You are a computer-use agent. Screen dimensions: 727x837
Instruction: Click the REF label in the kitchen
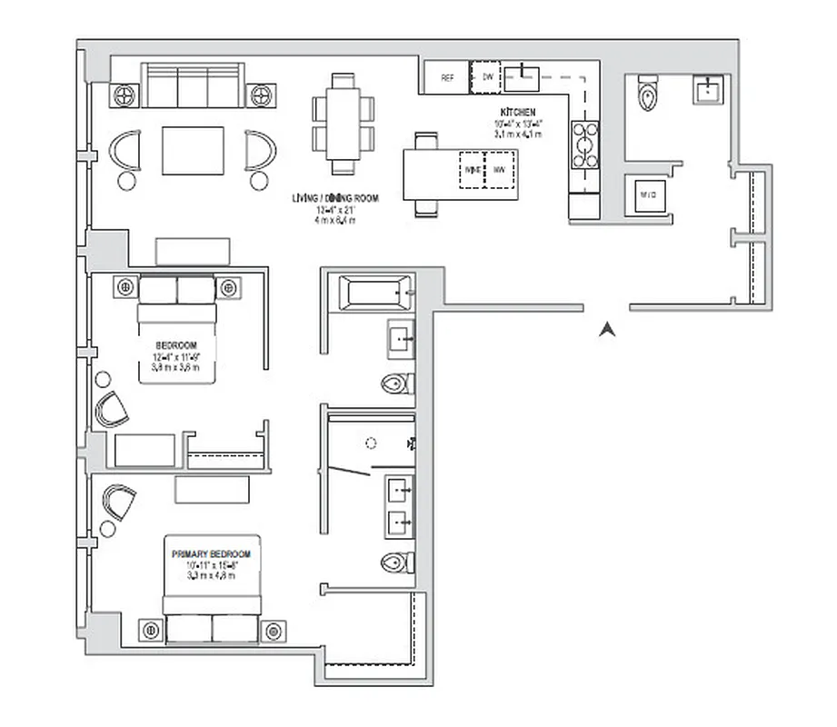coord(447,78)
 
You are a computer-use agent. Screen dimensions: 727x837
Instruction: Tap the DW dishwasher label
coord(487,77)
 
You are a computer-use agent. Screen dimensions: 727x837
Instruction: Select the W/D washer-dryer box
coord(649,194)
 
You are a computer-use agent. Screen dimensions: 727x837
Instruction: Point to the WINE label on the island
coord(473,170)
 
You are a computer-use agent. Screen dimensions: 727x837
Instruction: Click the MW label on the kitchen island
coord(499,170)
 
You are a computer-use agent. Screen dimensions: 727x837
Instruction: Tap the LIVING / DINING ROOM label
coord(335,198)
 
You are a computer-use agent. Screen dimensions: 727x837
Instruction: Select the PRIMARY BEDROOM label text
coord(211,553)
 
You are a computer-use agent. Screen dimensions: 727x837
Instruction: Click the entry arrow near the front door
coord(606,330)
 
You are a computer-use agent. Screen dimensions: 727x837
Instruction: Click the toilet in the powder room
coord(647,92)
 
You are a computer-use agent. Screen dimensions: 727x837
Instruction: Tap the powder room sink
coord(709,89)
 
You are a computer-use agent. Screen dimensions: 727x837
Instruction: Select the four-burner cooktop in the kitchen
coord(583,144)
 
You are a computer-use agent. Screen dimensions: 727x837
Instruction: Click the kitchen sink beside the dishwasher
coord(523,78)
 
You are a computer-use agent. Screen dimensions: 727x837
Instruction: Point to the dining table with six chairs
coord(344,123)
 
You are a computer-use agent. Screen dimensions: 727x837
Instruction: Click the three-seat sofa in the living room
coord(193,86)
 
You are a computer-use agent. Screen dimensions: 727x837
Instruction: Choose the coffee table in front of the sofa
coord(193,150)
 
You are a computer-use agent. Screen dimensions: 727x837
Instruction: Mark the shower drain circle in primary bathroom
coord(370,444)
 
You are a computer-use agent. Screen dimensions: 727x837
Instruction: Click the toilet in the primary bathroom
coord(396,562)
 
